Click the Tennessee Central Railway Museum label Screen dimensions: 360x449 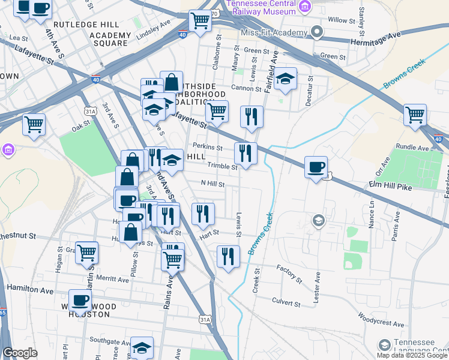tap(261, 7)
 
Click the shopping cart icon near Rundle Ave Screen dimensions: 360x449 tap(415, 115)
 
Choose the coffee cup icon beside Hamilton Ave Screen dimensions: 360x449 tap(80, 299)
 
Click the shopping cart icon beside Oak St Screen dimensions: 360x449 tap(34, 124)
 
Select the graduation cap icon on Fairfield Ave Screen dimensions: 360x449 tap(285, 78)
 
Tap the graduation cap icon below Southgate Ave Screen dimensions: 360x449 tap(142, 347)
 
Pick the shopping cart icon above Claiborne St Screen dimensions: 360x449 tap(200, 20)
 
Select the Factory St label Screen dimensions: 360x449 tap(290, 274)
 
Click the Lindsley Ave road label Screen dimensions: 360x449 tap(154, 30)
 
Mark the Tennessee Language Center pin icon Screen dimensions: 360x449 tap(384, 345)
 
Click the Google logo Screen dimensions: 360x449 tap(20, 353)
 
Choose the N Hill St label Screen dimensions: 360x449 tap(212, 184)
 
